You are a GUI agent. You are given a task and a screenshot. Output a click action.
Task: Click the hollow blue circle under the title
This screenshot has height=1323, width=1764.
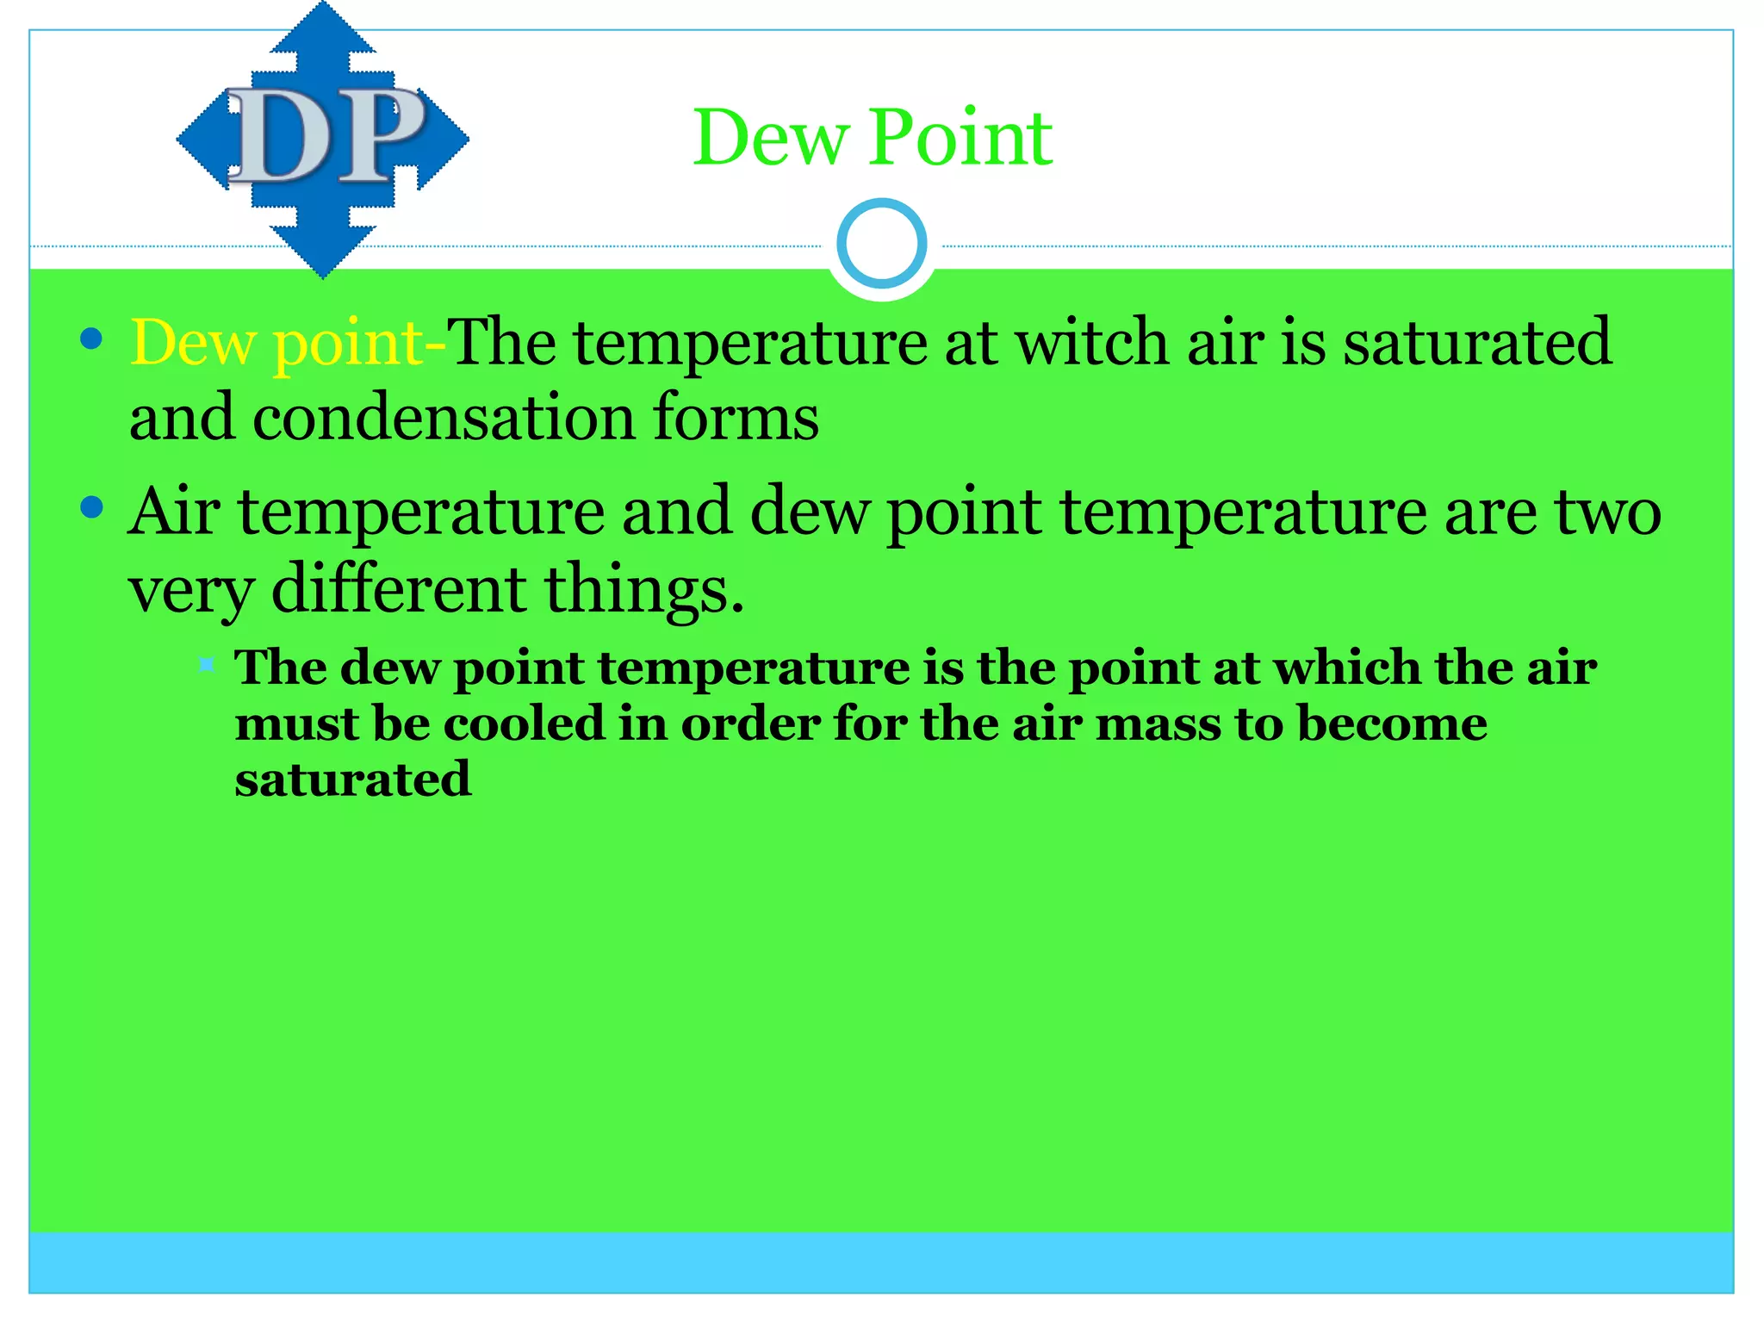pyautogui.click(x=881, y=244)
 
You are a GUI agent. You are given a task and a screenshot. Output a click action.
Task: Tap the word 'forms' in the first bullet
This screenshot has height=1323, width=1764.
pyautogui.click(x=736, y=419)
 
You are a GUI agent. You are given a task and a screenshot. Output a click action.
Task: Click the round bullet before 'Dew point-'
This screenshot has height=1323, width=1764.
pyautogui.click(x=91, y=339)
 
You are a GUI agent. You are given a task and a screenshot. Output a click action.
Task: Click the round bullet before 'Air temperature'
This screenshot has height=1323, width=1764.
pyautogui.click(x=91, y=507)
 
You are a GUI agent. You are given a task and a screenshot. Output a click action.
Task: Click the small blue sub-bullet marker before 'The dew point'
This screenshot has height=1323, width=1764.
pyautogui.click(x=207, y=664)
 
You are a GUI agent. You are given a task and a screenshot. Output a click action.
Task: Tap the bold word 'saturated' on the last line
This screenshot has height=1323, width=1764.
pyautogui.click(x=353, y=780)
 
